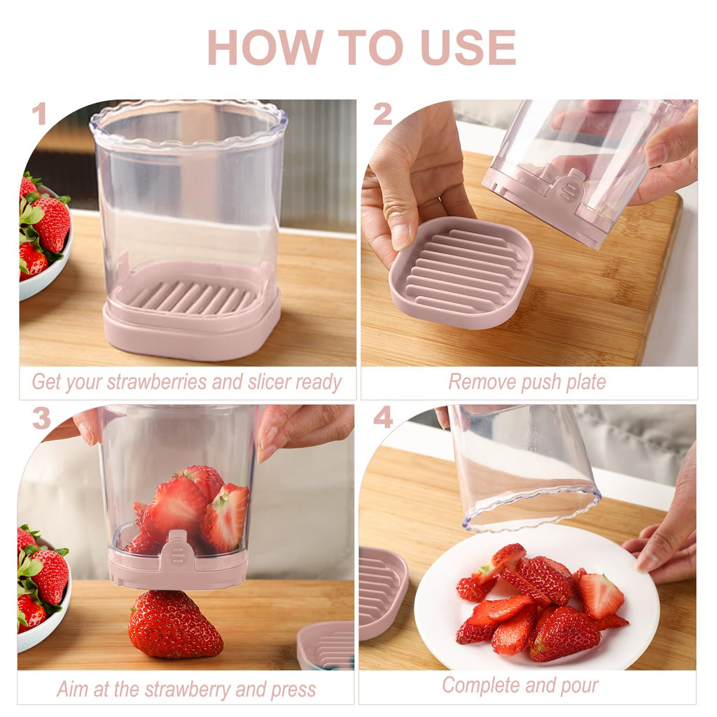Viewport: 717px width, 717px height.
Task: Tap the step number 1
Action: (39, 114)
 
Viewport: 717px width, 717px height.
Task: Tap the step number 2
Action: (382, 114)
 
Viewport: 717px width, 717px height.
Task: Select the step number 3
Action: (41, 418)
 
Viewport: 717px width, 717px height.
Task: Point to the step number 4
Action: (382, 418)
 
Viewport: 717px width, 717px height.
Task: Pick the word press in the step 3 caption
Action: (293, 689)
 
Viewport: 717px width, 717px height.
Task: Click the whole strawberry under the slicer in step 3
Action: (174, 625)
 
